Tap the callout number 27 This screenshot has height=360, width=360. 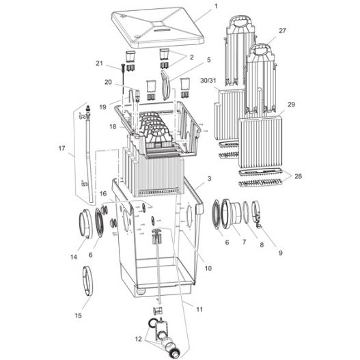pyautogui.click(x=283, y=31)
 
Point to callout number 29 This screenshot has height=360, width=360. pyautogui.click(x=291, y=105)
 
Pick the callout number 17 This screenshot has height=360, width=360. pyautogui.click(x=62, y=148)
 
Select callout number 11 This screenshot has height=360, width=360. pyautogui.click(x=199, y=309)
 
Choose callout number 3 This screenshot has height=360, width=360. pyautogui.click(x=208, y=179)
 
